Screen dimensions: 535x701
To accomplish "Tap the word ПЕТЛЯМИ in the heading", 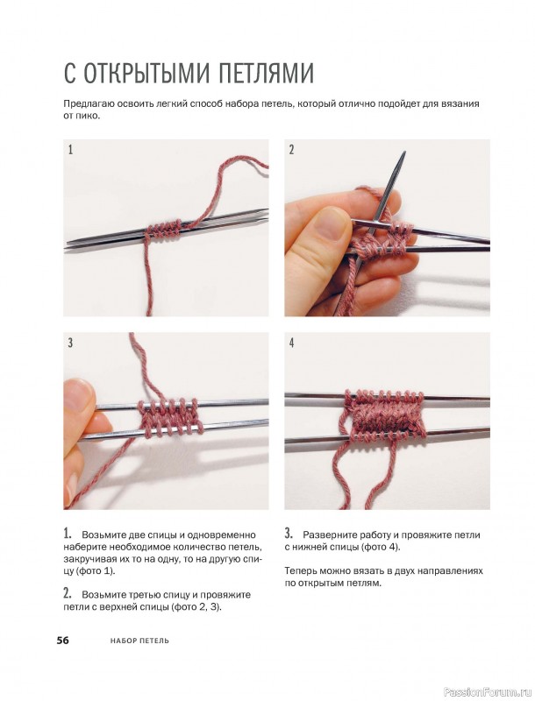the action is click(x=266, y=73).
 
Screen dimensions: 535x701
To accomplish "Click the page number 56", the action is click(x=62, y=641).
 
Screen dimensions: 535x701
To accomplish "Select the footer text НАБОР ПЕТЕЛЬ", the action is click(x=139, y=641).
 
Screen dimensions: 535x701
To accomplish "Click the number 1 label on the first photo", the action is click(x=70, y=149).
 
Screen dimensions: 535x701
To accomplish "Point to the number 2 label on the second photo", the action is click(x=292, y=149).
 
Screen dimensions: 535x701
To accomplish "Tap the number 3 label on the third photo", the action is click(x=70, y=343).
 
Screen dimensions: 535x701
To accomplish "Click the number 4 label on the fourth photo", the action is click(x=292, y=343).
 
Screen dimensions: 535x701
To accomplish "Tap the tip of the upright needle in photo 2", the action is click(x=404, y=152).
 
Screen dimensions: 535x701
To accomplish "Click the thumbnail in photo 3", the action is click(x=79, y=393).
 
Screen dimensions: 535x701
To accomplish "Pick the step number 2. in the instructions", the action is click(x=68, y=593).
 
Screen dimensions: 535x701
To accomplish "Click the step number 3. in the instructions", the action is click(x=289, y=534).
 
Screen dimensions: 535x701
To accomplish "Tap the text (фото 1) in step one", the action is click(x=96, y=571).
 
